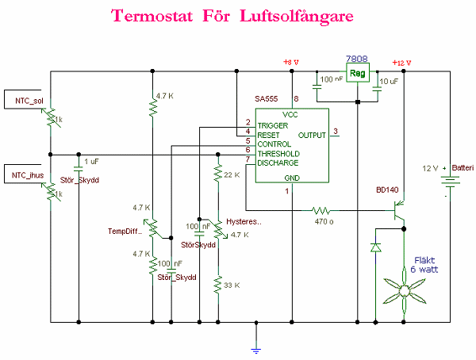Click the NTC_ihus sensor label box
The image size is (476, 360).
28,175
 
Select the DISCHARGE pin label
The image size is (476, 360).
278,163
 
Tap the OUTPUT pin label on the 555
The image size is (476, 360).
313,135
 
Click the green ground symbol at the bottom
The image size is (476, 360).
255,346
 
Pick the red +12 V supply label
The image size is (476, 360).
403,63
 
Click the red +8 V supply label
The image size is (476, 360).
291,63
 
